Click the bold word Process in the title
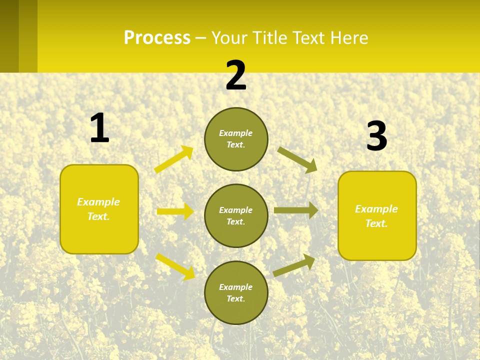click(x=157, y=38)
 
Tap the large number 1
click(x=99, y=128)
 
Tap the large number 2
click(x=236, y=76)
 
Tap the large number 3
click(x=376, y=136)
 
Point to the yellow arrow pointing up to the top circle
click(x=174, y=159)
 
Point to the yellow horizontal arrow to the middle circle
click(x=175, y=211)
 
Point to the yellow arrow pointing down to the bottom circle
click(x=175, y=266)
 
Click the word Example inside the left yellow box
click(x=98, y=202)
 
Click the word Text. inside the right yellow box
click(x=376, y=223)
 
